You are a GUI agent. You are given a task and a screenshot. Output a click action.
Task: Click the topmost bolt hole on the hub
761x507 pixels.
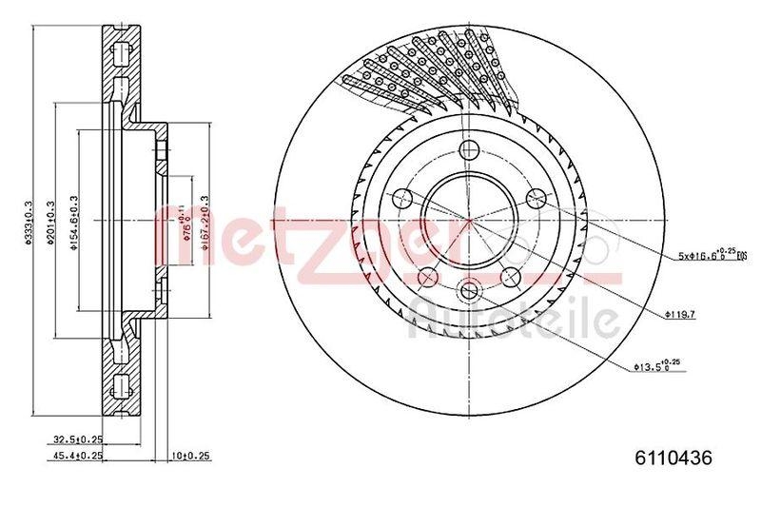pyautogui.click(x=469, y=150)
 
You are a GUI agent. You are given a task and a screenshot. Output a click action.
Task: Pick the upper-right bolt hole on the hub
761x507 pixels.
pyautogui.click(x=536, y=198)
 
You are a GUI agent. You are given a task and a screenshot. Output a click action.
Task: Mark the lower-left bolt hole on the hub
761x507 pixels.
pyautogui.click(x=428, y=276)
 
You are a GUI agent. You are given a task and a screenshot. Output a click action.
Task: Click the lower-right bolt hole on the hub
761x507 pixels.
pyautogui.click(x=511, y=276)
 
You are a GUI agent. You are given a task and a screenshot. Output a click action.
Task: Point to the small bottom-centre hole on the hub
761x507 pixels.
pyautogui.click(x=469, y=291)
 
